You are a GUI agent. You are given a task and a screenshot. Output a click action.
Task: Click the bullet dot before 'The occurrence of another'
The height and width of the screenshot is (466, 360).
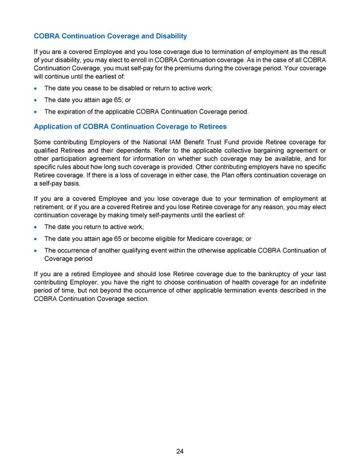point(37,251)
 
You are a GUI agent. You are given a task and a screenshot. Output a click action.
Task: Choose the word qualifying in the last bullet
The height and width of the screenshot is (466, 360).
point(146,251)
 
